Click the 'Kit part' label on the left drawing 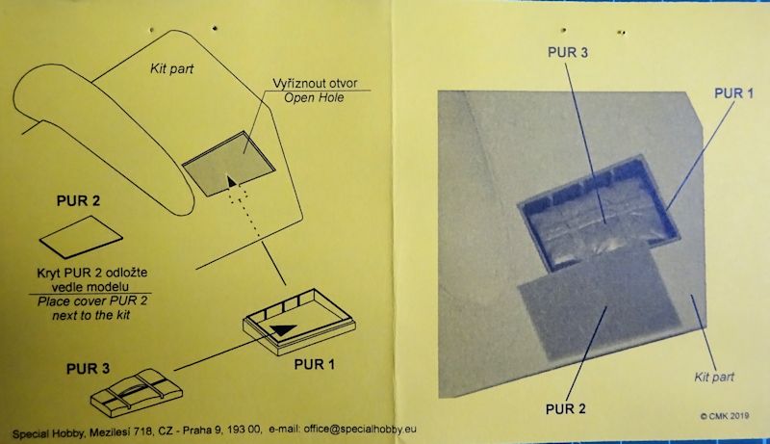tap(171, 68)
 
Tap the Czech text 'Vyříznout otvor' tap(316, 83)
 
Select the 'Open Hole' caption tap(314, 97)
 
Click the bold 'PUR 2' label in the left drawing tap(78, 201)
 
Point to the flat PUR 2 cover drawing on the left tap(81, 237)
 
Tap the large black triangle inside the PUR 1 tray tap(283, 329)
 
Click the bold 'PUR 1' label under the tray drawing tap(315, 364)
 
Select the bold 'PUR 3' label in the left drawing tap(88, 368)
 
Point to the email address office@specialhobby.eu tap(360, 429)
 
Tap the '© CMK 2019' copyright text tap(725, 416)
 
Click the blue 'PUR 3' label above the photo tap(568, 53)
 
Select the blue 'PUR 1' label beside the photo tap(733, 93)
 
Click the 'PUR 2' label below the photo tap(566, 408)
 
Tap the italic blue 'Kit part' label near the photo tap(714, 378)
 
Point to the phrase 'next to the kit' tap(91, 315)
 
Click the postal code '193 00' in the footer tap(245, 430)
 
